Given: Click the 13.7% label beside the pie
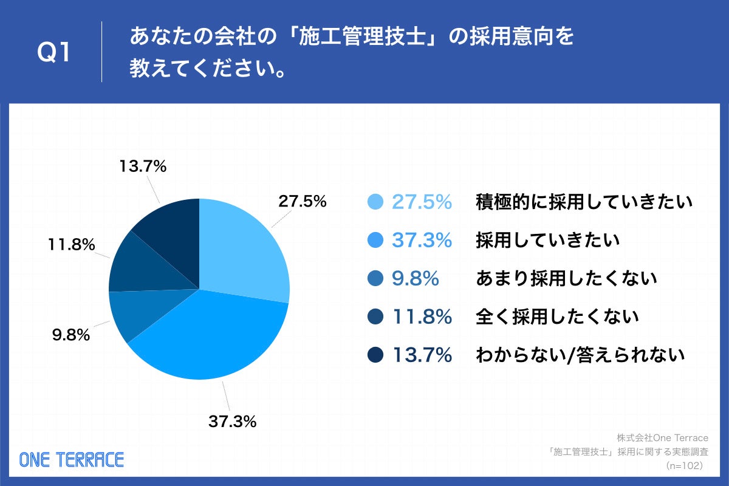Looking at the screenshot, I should (143, 166).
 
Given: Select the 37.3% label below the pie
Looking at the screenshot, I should (232, 421).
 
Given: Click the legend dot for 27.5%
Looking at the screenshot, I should (376, 202).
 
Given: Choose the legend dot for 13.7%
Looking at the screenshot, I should (376, 355).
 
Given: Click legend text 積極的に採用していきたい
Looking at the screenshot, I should (584, 202).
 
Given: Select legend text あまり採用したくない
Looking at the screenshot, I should (566, 278).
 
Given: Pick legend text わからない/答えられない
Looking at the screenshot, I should (580, 355).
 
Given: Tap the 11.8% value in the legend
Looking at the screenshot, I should (422, 317).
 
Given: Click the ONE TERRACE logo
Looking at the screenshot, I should (72, 459).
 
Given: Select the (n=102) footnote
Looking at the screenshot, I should (684, 465).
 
